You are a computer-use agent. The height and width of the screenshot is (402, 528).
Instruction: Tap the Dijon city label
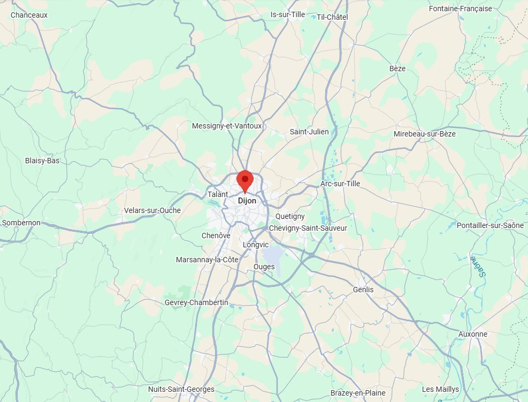pos(247,201)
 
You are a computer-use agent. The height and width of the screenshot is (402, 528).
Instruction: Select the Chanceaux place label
pos(29,15)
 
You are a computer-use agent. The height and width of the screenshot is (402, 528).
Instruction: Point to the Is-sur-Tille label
pos(288,14)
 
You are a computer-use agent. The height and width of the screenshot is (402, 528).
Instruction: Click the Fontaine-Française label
pos(461,9)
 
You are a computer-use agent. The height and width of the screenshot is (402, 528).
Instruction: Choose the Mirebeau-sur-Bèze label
pos(425,134)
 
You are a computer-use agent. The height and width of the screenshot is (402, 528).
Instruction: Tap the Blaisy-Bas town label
pos(42,161)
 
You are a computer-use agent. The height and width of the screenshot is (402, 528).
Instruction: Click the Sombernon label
pos(21,223)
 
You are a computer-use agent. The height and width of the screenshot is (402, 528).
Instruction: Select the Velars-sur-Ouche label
pos(152,210)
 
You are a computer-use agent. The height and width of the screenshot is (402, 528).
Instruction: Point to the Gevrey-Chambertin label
pos(196,302)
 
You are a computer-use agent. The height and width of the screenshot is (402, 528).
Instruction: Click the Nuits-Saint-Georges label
pos(181,389)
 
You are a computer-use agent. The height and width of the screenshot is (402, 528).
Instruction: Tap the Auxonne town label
pos(473,334)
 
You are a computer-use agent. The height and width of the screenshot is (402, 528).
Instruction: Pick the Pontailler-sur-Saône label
pos(490,225)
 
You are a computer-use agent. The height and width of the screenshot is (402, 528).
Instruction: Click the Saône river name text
pos(478,266)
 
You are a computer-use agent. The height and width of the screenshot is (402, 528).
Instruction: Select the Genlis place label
pos(363,290)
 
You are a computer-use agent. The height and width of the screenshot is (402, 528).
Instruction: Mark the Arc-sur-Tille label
pos(340,184)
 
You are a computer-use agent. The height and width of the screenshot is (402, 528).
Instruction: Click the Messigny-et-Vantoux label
pos(227,126)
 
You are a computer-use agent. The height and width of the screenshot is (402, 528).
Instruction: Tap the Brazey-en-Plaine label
pos(358,393)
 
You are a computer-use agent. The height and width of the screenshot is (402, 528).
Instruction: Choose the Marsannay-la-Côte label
pos(208,260)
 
